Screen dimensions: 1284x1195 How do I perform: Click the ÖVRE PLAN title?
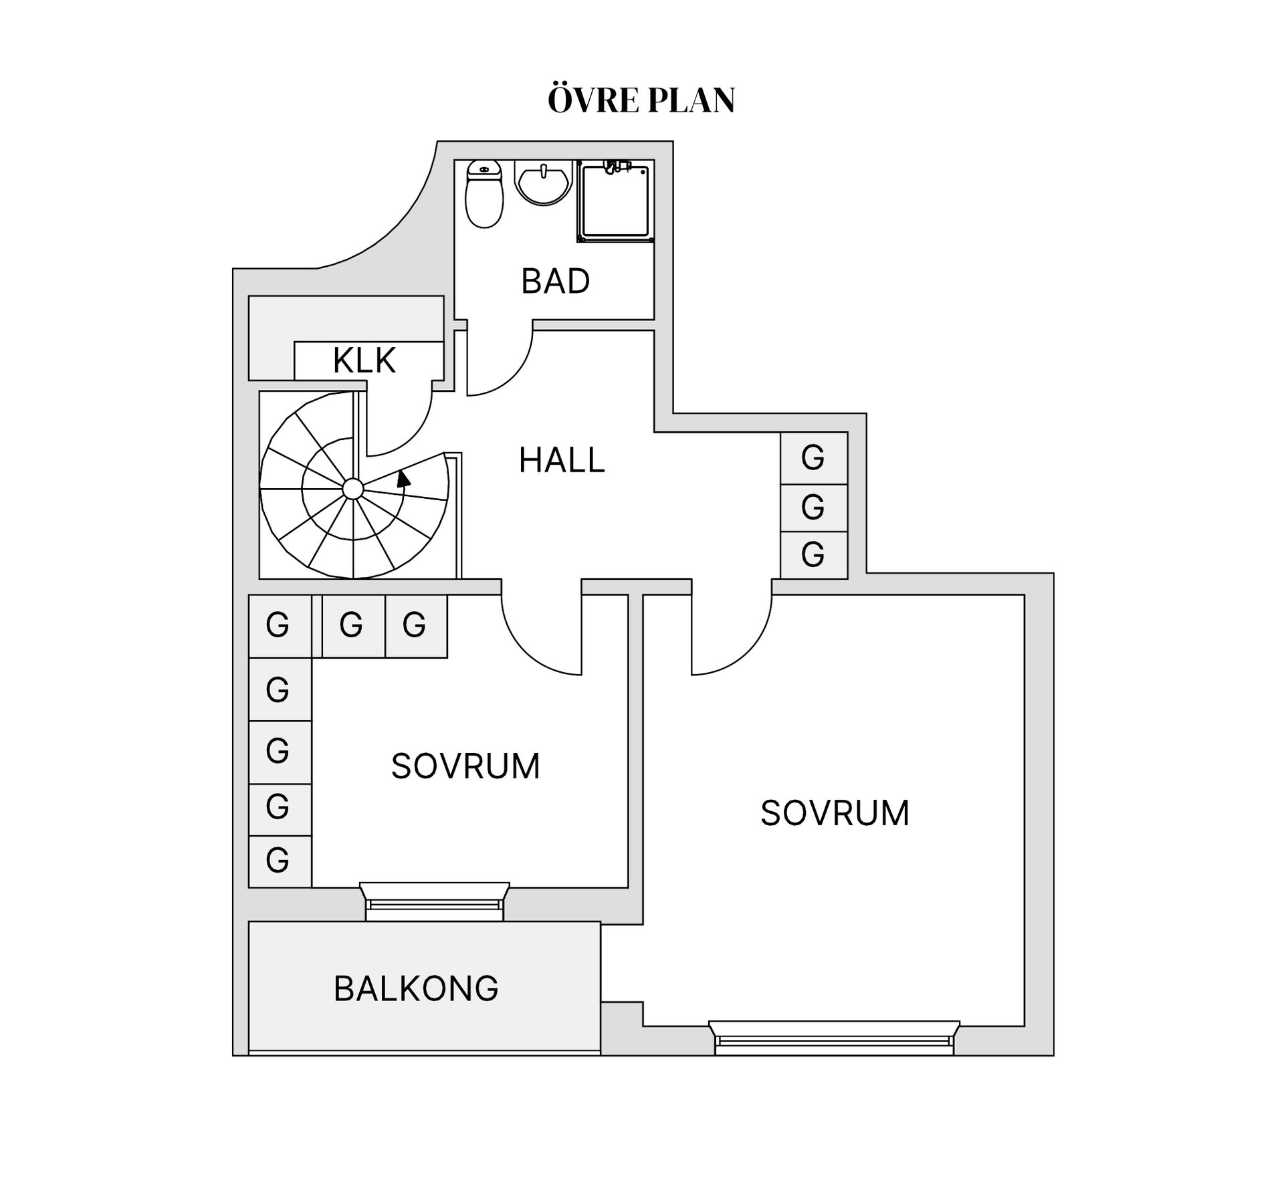point(641,99)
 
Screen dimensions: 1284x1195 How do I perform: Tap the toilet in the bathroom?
point(484,194)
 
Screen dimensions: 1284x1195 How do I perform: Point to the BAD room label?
point(556,281)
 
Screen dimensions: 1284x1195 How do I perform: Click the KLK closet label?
point(364,360)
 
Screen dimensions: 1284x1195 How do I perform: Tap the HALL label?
point(562,460)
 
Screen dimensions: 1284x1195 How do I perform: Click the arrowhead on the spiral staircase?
point(403,479)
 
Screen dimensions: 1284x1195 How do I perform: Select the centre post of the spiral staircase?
point(352,489)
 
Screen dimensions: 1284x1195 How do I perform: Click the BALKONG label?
point(416,988)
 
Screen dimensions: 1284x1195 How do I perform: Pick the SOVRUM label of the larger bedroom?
point(835,813)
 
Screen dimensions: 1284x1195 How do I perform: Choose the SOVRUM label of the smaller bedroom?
point(465,766)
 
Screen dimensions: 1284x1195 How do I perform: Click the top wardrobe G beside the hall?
point(814,458)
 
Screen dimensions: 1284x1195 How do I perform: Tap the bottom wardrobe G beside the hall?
point(814,555)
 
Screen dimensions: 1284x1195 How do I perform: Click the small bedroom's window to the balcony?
point(435,901)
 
